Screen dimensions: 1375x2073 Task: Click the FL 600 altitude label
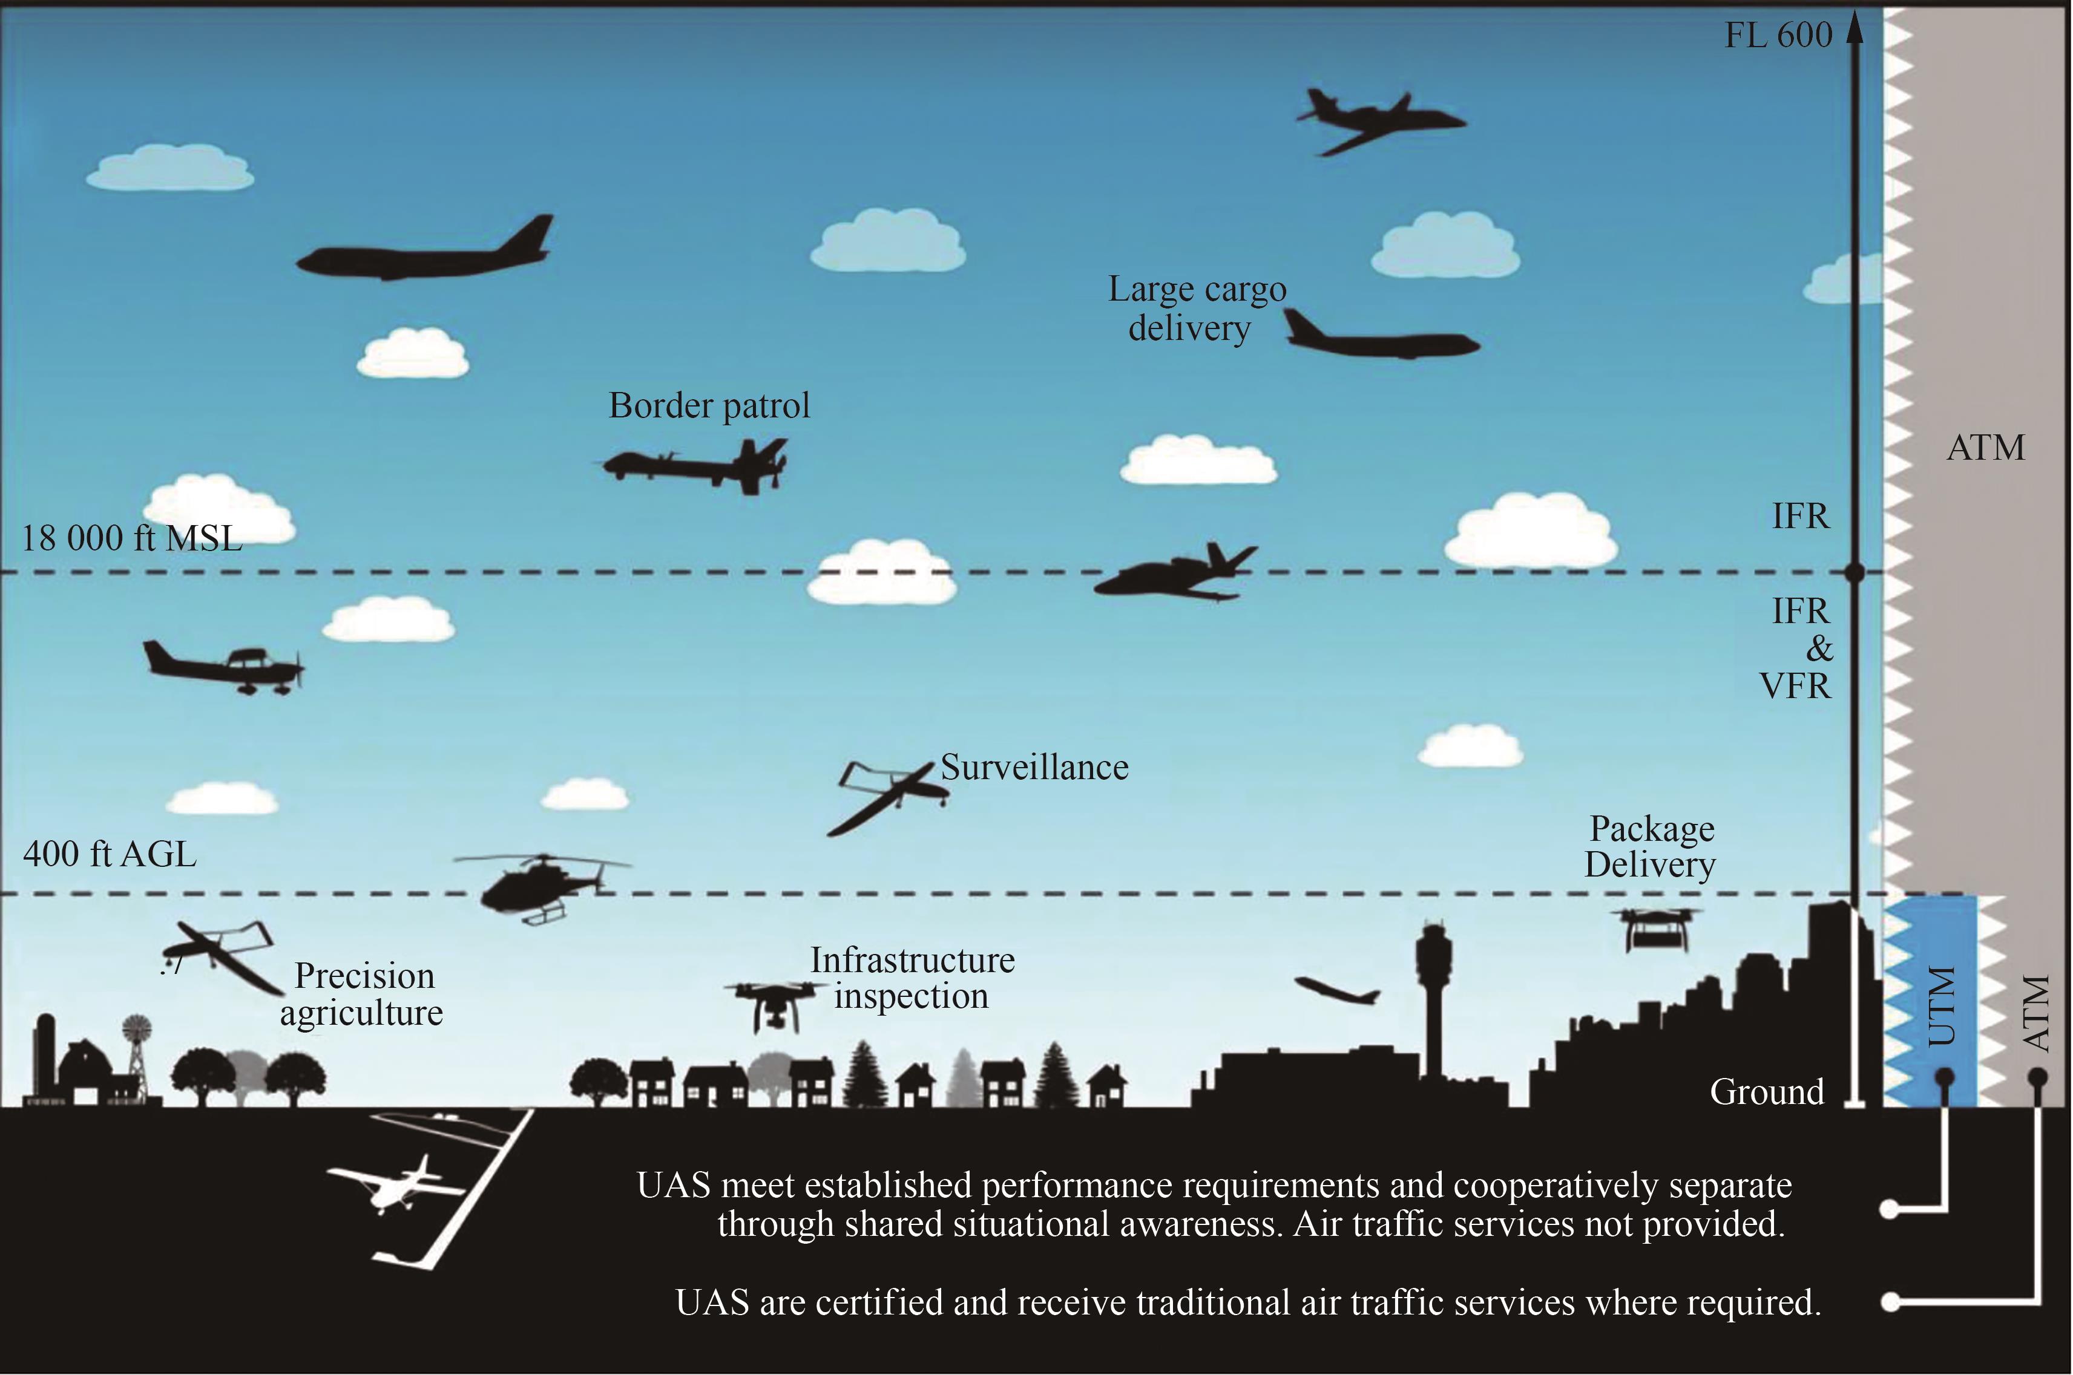click(x=1778, y=36)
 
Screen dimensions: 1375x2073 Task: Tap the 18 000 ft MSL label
click(x=131, y=538)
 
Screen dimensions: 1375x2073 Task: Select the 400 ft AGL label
click(x=110, y=853)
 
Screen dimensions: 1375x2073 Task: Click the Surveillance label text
click(x=1034, y=767)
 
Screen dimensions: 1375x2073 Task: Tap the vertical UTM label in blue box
click(x=1942, y=1006)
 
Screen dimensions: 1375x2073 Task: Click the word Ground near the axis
click(x=1767, y=1092)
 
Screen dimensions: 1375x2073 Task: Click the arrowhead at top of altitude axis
click(x=1855, y=31)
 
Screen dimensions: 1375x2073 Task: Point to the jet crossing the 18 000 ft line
click(x=1175, y=573)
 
